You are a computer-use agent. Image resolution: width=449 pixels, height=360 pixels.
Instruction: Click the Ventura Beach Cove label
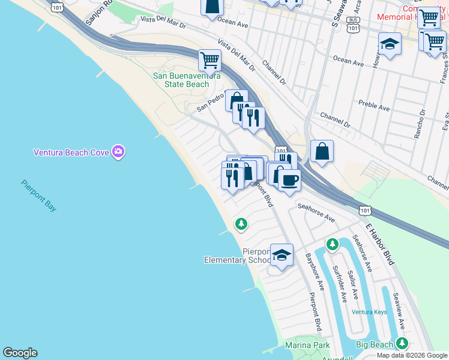[71, 152]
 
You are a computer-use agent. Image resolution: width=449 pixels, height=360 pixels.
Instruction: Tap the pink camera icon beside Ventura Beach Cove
[119, 152]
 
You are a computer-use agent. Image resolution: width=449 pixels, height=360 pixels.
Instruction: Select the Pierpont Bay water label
[39, 196]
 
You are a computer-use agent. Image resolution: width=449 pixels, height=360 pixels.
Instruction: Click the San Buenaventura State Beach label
[181, 80]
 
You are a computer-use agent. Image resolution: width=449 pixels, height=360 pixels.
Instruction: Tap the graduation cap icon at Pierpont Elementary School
[282, 255]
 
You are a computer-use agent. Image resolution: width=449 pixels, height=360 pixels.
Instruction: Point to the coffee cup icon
[289, 180]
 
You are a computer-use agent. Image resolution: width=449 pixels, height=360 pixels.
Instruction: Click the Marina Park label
[308, 345]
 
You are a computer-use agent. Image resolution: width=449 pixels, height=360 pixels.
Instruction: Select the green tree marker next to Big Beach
[402, 344]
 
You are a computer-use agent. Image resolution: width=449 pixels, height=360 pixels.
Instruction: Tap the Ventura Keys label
[370, 312]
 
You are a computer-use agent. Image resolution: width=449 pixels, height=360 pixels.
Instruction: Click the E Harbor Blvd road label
[381, 244]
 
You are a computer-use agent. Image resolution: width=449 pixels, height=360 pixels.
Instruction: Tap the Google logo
[20, 353]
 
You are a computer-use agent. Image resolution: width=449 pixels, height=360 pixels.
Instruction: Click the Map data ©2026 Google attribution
[412, 355]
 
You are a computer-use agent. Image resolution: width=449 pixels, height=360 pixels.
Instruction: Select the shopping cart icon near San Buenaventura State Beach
[209, 59]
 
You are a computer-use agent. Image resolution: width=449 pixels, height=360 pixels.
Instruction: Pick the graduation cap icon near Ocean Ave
[390, 44]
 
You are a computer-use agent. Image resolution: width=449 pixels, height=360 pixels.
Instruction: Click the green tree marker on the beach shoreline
[241, 224]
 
